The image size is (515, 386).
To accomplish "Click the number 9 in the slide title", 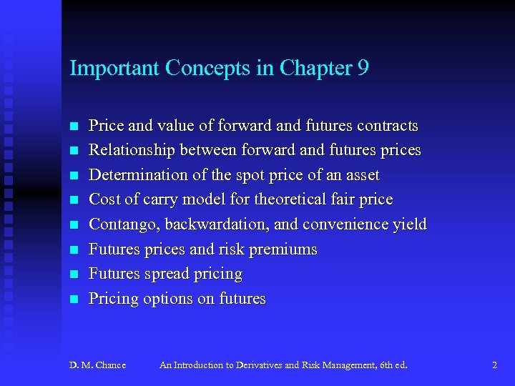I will click(363, 69).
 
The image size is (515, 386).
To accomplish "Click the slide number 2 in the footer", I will click(494, 365).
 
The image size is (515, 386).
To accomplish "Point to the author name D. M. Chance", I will click(97, 365).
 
